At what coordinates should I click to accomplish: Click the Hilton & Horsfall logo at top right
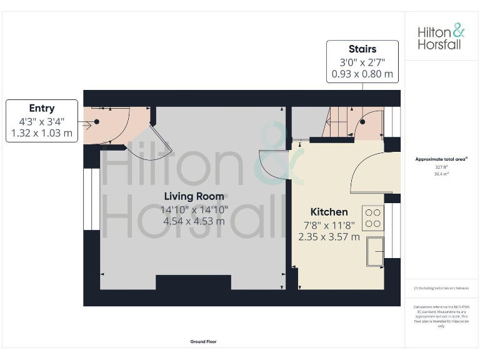coord(441,37)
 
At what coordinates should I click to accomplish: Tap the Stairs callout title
coord(362,49)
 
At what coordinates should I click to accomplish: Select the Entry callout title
coord(41,108)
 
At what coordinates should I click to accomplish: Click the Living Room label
coord(194,196)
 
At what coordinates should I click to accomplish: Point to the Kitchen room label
coord(329,212)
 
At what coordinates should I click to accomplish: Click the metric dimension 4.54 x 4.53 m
coord(194,221)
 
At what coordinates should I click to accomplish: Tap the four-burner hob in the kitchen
coord(373,217)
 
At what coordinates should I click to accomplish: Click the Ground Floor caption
coord(203,342)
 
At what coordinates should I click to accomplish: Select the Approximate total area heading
coord(441,159)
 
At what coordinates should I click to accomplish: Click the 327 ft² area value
coord(441,167)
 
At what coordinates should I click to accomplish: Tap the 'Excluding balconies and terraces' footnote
coord(441,287)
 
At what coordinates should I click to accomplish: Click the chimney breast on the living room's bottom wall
coord(193,282)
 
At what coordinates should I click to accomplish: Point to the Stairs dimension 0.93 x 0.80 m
coord(362,74)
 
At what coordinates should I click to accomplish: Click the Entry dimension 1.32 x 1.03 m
coord(41,133)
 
